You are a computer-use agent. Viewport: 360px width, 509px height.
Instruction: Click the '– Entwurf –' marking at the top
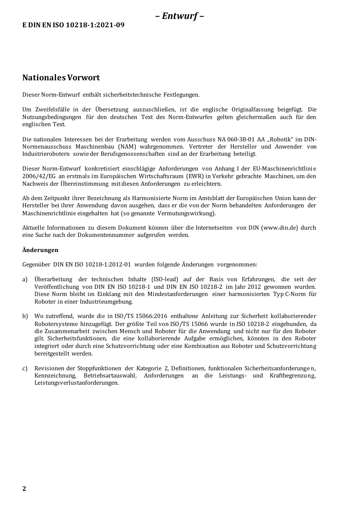point(180,16)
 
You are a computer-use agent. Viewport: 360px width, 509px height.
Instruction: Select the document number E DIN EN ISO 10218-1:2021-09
point(74,25)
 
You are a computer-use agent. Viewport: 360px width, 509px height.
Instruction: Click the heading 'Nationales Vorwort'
point(61,78)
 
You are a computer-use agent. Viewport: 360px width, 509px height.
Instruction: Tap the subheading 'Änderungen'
point(40,250)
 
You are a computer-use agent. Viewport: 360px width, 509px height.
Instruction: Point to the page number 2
point(24,489)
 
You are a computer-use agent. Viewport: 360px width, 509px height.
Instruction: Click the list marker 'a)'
point(25,279)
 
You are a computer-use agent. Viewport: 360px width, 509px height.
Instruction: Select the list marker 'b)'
point(25,316)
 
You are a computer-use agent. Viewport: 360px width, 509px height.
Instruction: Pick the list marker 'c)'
point(25,368)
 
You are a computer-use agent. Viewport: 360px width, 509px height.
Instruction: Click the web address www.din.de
point(279,228)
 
